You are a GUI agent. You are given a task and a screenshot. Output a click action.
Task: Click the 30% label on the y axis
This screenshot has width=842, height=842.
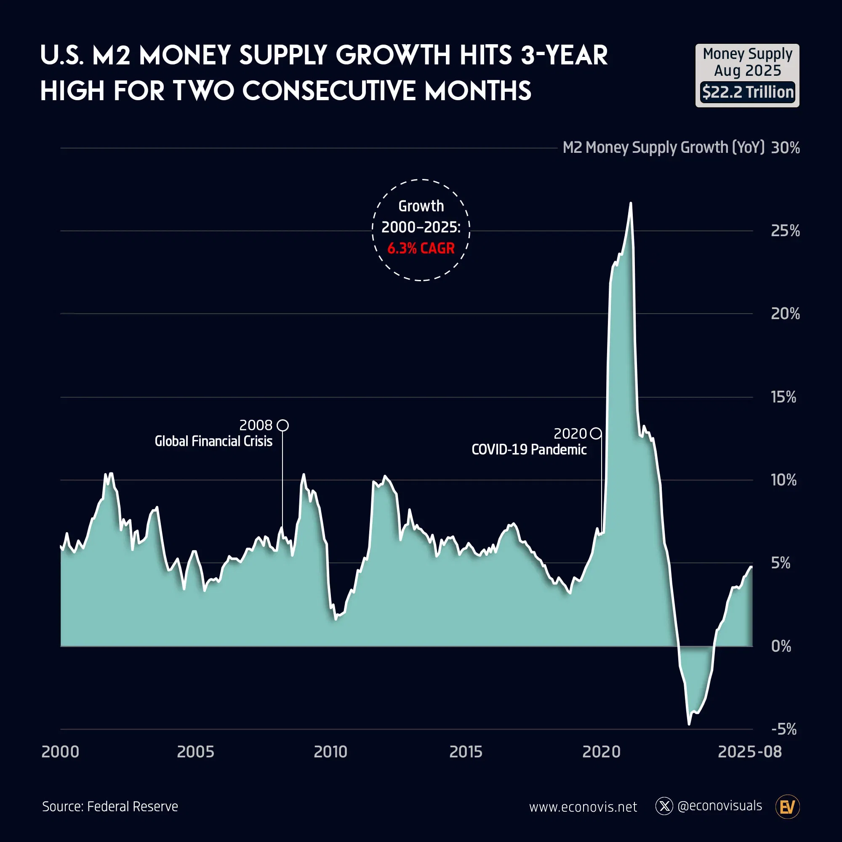coord(785,148)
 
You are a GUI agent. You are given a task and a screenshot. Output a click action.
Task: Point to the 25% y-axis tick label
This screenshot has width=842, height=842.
coord(785,231)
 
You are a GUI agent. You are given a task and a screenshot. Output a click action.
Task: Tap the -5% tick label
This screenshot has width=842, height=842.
coord(783,729)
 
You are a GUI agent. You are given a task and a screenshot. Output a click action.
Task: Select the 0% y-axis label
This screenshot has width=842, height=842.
coord(781,646)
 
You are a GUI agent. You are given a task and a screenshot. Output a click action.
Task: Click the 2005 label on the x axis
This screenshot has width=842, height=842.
coord(196,752)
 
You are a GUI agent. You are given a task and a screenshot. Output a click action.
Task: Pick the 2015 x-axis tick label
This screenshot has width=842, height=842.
coord(466,752)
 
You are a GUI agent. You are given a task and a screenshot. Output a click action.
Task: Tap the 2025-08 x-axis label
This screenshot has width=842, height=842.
coord(750,752)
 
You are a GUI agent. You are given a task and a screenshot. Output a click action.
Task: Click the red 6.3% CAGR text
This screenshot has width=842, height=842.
coord(421,248)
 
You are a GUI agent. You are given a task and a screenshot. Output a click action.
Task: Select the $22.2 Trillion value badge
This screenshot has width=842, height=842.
coord(747,92)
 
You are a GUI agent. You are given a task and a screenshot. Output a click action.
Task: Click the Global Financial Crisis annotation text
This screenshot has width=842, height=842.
coord(213,441)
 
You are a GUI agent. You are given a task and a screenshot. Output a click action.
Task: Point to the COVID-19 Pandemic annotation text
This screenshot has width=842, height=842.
coord(529,449)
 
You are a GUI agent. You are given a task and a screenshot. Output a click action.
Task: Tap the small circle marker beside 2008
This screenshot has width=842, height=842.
coord(283,425)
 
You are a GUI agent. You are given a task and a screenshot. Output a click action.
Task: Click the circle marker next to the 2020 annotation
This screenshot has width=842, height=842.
coord(596,434)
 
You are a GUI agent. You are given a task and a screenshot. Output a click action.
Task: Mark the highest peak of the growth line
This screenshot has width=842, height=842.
coord(631,203)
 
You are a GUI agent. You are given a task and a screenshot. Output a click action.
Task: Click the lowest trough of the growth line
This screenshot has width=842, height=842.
coord(689,724)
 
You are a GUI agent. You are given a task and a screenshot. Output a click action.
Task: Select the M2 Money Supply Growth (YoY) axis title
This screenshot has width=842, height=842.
coord(663,148)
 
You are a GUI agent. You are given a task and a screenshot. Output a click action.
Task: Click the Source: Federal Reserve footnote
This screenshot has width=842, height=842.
coord(110,806)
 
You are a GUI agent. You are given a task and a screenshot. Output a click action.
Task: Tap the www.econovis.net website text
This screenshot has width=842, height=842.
coord(583,807)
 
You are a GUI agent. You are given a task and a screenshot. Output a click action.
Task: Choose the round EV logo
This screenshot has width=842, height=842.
coord(788,807)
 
